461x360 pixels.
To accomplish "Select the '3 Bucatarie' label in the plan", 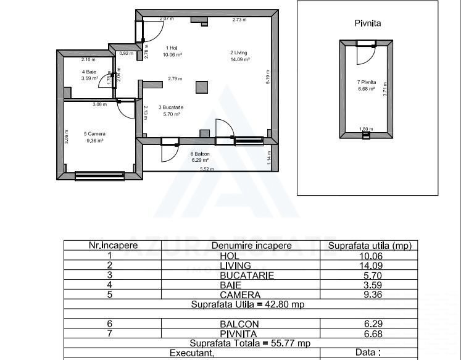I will click(x=171, y=107).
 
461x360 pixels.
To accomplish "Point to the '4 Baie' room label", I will click(x=90, y=72).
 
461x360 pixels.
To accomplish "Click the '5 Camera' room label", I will click(x=94, y=133).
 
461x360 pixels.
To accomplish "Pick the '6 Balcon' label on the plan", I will click(x=200, y=154).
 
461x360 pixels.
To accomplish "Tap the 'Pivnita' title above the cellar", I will click(x=368, y=23).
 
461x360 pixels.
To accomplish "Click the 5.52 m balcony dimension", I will click(x=207, y=169).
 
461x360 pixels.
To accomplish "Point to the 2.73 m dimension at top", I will click(x=239, y=20).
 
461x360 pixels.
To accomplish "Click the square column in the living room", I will click(x=202, y=86).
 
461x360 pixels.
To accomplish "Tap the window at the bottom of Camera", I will click(x=99, y=176).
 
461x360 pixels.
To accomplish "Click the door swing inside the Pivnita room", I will click(x=366, y=55).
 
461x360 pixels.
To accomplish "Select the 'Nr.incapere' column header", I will click(x=113, y=245).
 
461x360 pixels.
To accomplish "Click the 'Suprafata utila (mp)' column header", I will click(x=369, y=245).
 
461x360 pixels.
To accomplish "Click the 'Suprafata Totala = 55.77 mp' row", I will click(x=250, y=343).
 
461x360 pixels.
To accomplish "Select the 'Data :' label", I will click(x=369, y=353).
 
